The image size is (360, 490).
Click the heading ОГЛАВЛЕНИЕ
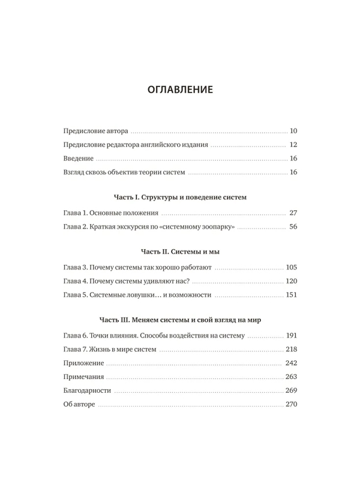coord(180,90)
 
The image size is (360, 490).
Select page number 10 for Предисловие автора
coord(293,131)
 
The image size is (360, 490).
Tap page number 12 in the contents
coord(293,145)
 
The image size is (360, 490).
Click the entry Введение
coord(78,159)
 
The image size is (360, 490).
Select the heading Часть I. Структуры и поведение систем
coord(180,198)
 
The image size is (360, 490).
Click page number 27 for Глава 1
coord(293,213)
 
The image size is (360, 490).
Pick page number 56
coord(293,227)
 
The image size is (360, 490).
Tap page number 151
coord(292,295)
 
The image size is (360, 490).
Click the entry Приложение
coord(83,364)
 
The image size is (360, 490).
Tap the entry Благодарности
coord(87,391)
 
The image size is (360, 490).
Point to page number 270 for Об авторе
coord(292,405)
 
